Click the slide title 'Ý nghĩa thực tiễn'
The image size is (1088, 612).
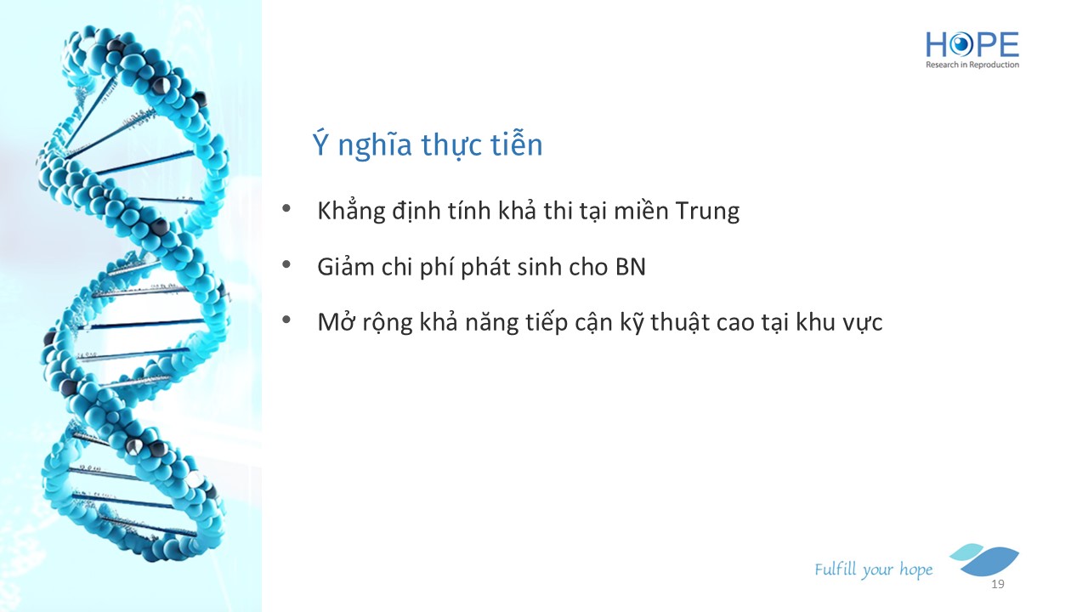coord(428,144)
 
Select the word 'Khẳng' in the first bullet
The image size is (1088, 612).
coord(351,211)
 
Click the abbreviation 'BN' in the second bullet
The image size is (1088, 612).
coord(631,267)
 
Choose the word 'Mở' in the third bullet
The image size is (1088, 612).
coord(336,321)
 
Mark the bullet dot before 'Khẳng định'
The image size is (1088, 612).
coord(286,209)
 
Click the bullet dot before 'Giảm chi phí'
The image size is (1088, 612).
coord(286,264)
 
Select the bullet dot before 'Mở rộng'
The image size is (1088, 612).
coord(286,320)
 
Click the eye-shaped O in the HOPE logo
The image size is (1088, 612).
coord(960,45)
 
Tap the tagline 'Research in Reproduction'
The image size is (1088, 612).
coord(972,65)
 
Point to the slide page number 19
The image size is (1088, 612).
coord(998,584)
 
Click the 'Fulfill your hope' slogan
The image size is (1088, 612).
coord(873,569)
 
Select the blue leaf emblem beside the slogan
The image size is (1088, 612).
coord(986,559)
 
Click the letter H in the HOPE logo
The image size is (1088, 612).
coord(937,45)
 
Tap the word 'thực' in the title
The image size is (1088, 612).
coord(451,144)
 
